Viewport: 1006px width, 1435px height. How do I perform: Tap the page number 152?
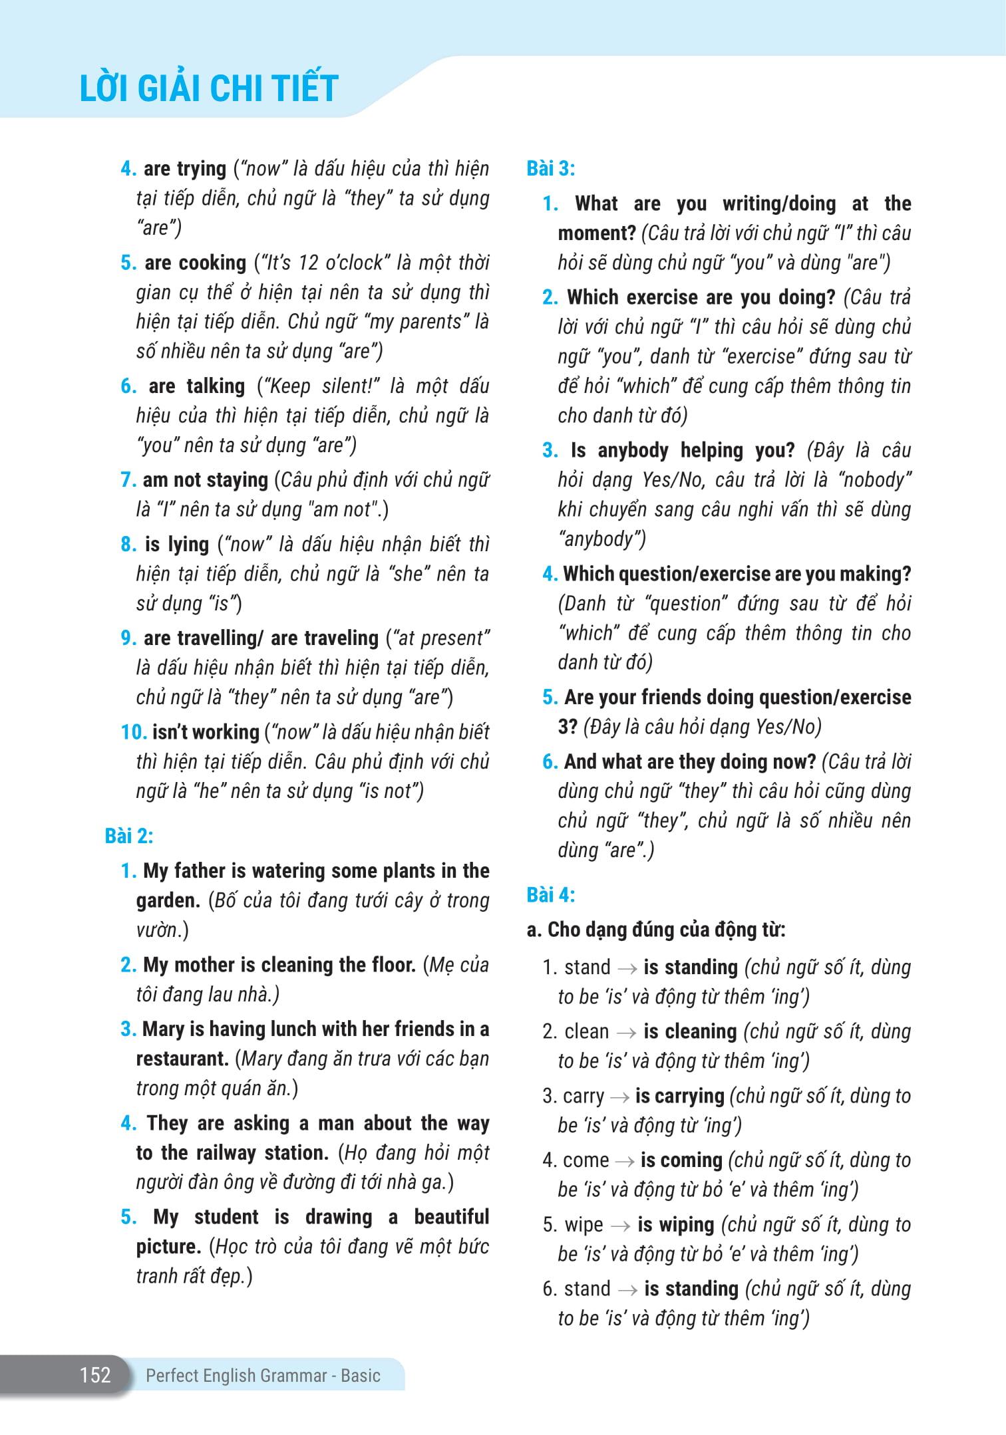(95, 1374)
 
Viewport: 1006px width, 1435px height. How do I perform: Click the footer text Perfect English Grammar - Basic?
(263, 1375)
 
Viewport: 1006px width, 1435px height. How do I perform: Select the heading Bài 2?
(129, 836)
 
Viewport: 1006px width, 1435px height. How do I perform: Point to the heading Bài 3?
(551, 168)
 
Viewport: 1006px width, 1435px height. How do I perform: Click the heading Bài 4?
(551, 895)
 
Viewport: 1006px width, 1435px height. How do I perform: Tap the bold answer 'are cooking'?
(195, 263)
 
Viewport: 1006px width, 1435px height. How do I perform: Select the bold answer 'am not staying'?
(205, 479)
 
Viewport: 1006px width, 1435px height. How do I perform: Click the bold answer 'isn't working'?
(206, 732)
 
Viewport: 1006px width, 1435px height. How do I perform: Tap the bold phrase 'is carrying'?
(679, 1096)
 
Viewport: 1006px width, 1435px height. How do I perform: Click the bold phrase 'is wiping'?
(675, 1225)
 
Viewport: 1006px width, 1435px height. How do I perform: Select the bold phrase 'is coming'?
(681, 1160)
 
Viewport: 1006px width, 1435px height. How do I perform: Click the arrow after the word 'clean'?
(626, 1032)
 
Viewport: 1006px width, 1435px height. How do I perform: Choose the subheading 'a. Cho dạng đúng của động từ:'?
(655, 930)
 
